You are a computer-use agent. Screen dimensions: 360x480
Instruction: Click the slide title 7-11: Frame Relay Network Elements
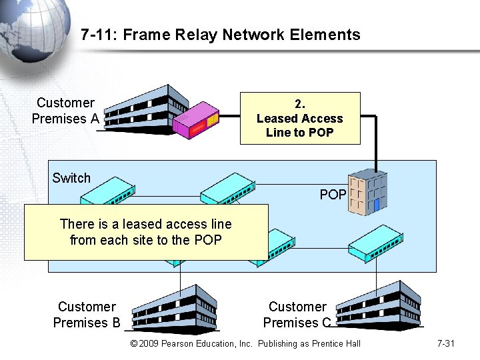(220, 35)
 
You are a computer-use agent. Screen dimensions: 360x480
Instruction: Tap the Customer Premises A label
(65, 111)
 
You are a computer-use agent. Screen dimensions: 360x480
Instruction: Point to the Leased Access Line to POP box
(300, 119)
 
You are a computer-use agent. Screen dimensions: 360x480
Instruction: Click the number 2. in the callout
(300, 104)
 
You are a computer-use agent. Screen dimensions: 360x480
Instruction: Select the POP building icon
(367, 191)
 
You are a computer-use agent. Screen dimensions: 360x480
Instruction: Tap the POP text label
(333, 195)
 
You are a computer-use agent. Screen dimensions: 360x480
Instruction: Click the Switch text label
(71, 178)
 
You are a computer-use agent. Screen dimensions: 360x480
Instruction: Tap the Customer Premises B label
(87, 315)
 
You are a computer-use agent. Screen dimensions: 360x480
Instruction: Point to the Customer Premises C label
(297, 315)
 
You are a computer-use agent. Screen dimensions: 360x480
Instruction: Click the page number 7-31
(445, 343)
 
